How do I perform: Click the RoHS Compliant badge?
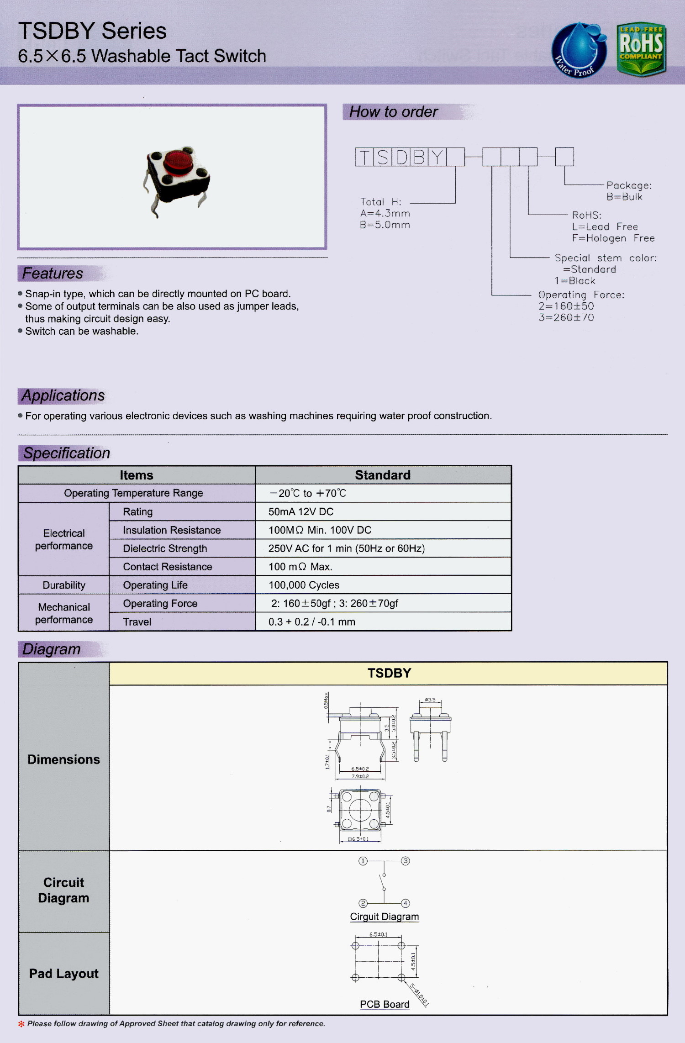point(641,49)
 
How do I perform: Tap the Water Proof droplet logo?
point(579,50)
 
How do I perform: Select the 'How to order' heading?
point(393,112)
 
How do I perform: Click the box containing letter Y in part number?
point(437,157)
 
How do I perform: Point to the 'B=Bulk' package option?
point(624,197)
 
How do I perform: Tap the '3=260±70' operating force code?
point(566,317)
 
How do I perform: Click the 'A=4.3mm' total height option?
point(385,213)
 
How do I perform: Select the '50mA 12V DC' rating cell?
point(301,511)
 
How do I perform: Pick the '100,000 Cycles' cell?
point(304,585)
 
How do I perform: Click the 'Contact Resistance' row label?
point(168,567)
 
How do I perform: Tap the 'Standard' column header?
point(383,475)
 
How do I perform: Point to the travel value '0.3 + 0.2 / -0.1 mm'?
point(311,622)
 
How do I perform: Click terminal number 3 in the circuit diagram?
point(405,861)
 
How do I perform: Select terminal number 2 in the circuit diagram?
point(363,903)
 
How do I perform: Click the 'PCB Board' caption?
point(385,1004)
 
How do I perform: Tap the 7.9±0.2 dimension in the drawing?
point(360,776)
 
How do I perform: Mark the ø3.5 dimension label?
point(430,700)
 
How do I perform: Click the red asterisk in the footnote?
point(21,1024)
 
